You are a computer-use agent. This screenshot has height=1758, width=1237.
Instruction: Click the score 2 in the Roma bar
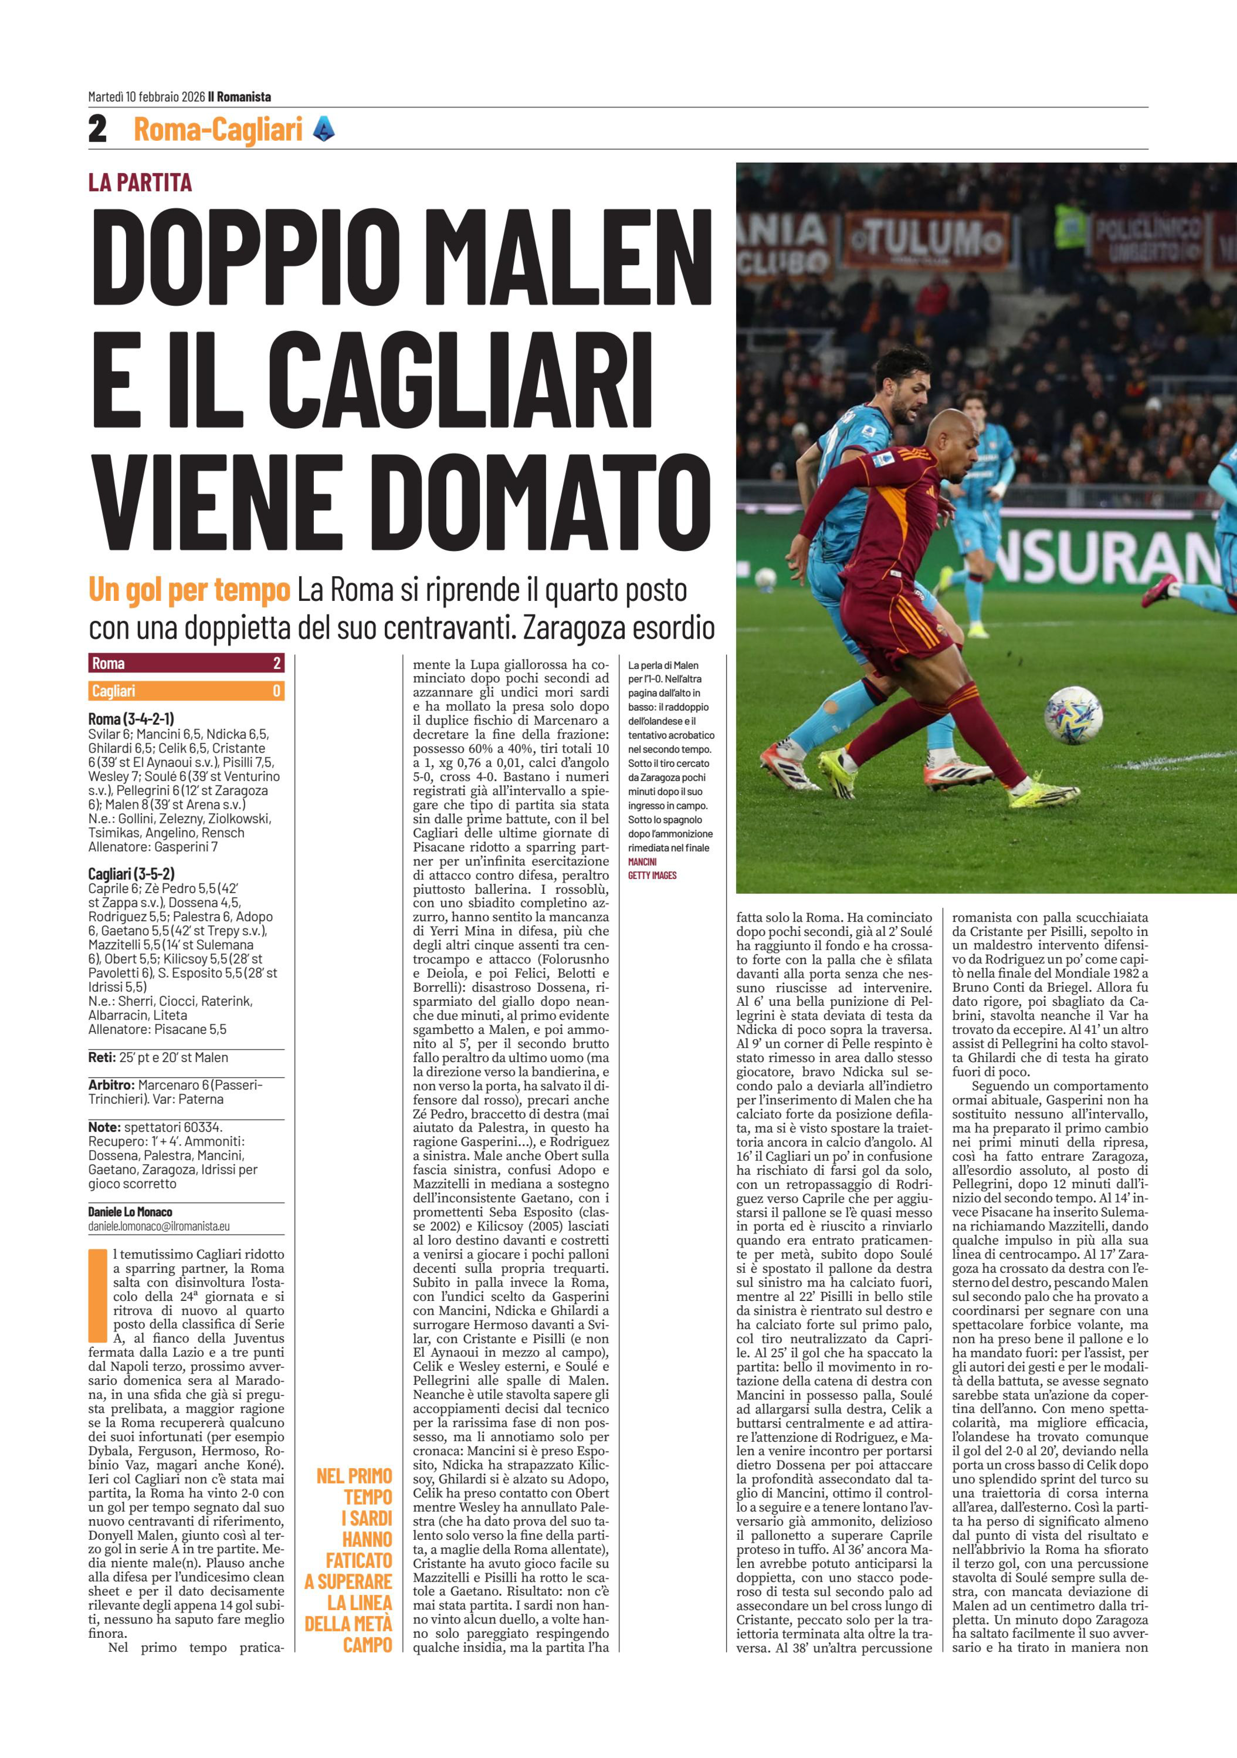276,663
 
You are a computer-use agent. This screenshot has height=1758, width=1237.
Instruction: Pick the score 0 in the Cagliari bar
276,691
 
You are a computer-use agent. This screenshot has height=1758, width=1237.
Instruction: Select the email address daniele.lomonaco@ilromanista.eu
158,1226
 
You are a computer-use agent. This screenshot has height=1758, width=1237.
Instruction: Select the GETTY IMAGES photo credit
652,875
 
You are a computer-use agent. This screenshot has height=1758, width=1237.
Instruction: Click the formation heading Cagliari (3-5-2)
131,873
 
